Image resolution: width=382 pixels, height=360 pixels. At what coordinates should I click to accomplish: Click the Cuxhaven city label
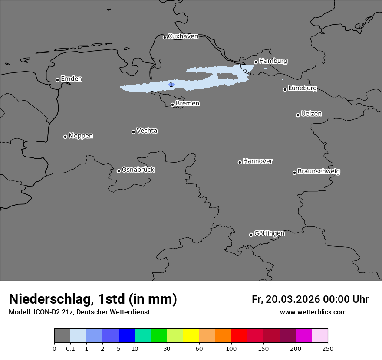point(183,36)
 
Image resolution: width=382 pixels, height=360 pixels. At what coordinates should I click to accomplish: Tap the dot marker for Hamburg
point(256,62)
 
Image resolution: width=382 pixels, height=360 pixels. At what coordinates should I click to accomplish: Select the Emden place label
point(71,79)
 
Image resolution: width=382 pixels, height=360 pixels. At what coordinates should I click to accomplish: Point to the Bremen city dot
point(172,105)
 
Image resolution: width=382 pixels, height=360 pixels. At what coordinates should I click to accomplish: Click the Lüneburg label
point(302,88)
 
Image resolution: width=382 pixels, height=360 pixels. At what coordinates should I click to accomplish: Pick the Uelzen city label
point(311,114)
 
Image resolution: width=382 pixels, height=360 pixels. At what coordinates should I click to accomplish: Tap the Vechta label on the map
point(147,131)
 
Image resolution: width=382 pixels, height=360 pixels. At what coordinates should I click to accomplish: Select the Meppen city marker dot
point(65,137)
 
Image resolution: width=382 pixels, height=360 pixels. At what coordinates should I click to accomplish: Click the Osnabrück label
point(138,170)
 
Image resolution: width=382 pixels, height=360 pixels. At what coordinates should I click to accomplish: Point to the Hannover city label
point(258,161)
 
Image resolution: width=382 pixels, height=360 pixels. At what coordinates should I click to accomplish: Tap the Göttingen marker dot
point(251,235)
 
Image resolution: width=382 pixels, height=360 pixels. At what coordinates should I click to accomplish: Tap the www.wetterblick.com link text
point(313,312)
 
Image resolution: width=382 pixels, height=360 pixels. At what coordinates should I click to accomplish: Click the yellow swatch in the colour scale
point(191,336)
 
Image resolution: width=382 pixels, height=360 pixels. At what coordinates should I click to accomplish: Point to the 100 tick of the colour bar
point(231,348)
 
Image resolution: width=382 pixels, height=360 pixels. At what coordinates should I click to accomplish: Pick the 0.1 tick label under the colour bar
point(70,348)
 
